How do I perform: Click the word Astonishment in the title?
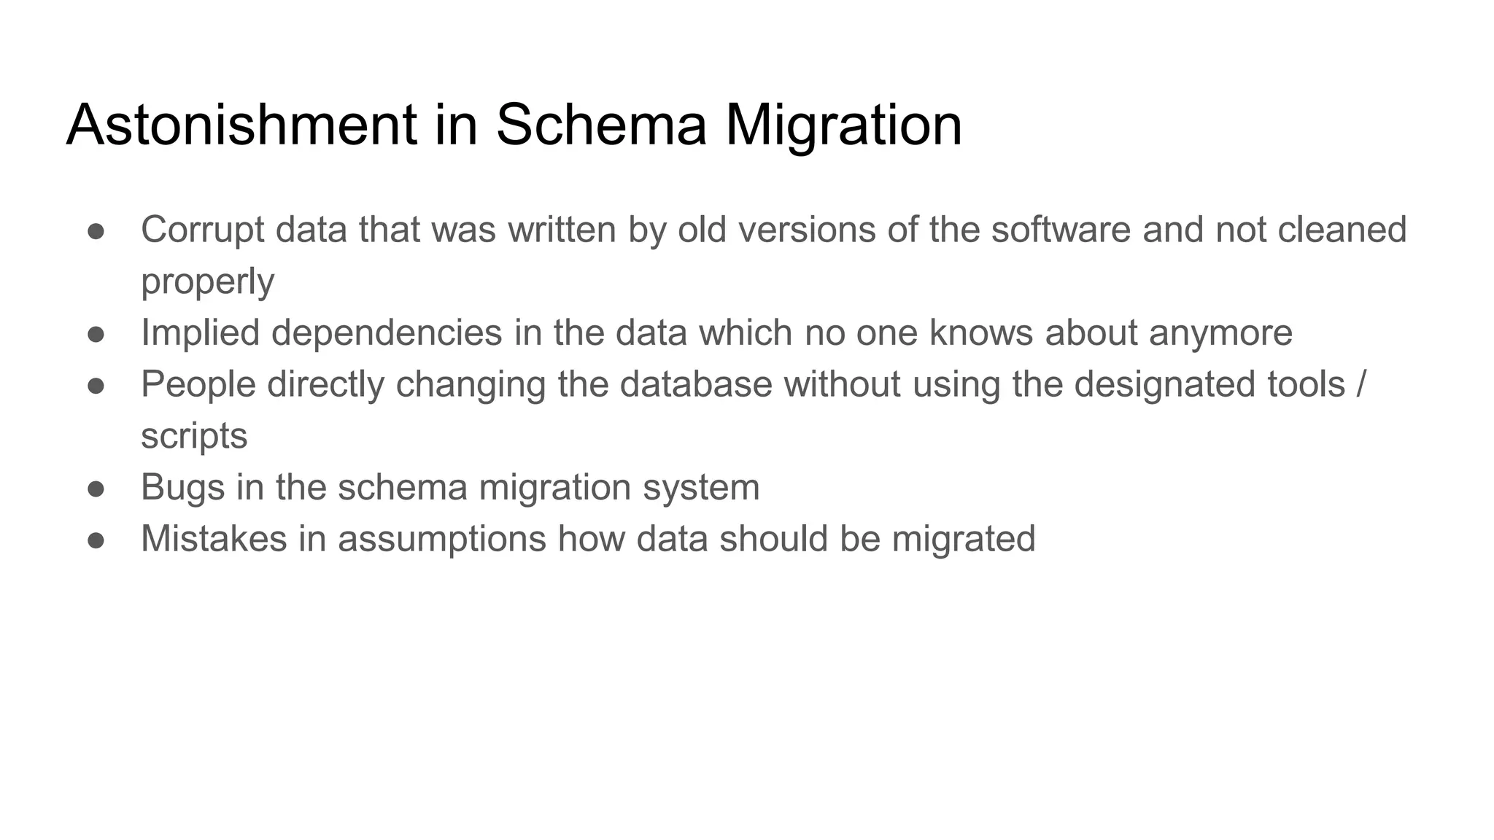(241, 125)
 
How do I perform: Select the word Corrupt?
(202, 230)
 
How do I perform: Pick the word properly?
(207, 282)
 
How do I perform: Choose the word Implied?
(200, 332)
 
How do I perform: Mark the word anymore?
(1220, 332)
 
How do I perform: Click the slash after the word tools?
(1361, 384)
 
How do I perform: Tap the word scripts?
(194, 436)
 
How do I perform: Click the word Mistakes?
(214, 539)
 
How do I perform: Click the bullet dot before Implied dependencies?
(96, 334)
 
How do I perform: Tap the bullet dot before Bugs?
(96, 489)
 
